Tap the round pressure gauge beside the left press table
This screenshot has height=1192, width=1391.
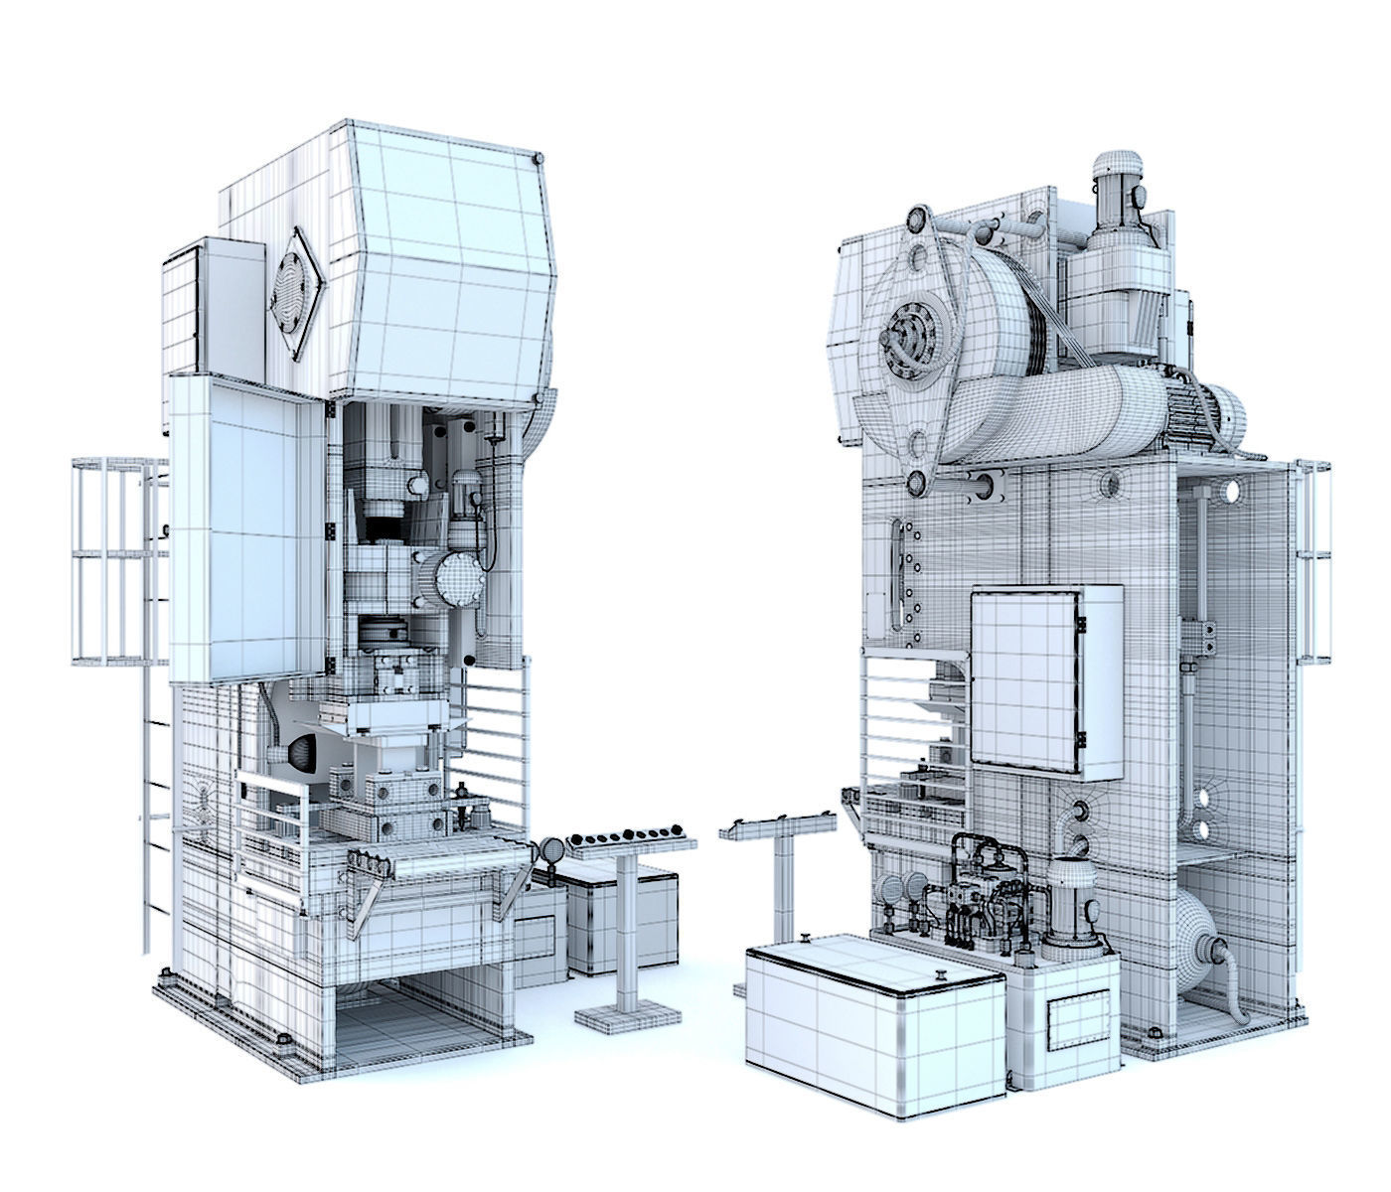pos(549,850)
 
